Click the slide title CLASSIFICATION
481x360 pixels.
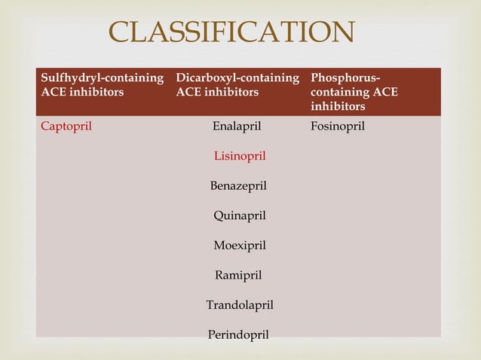(232, 32)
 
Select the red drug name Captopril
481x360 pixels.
(66, 126)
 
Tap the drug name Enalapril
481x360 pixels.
(237, 126)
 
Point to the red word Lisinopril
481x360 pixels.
(240, 156)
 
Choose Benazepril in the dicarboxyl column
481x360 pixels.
(238, 185)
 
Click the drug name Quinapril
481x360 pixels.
(240, 215)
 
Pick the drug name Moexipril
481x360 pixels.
(240, 245)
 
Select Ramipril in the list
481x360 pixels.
(238, 275)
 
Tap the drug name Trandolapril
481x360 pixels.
(240, 305)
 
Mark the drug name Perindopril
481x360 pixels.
(238, 334)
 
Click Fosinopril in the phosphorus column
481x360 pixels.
(338, 126)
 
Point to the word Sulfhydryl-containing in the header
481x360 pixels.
(103, 78)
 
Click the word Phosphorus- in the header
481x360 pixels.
(345, 78)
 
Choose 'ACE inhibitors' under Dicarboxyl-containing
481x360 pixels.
(217, 92)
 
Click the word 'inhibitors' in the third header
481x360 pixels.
(338, 106)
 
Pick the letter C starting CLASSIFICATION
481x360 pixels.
(120, 32)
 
